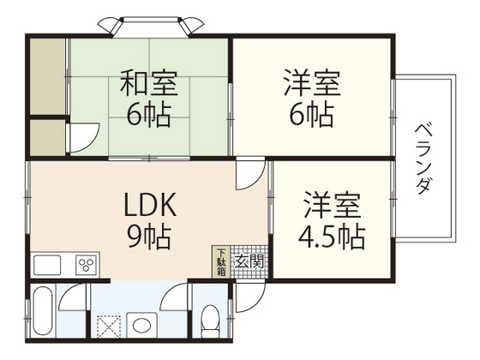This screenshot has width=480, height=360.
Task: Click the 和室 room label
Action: click(x=148, y=85)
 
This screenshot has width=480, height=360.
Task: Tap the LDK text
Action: click(x=151, y=205)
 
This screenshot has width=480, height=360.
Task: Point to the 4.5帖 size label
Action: click(x=333, y=235)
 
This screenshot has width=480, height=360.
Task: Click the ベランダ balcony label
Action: click(x=423, y=159)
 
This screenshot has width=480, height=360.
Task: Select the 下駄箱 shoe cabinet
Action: click(x=221, y=262)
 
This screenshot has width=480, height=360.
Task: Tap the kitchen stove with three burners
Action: click(x=87, y=265)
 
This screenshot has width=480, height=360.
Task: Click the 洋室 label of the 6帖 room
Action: click(x=312, y=85)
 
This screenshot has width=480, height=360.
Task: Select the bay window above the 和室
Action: click(x=147, y=24)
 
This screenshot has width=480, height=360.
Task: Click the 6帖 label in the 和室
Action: click(x=147, y=114)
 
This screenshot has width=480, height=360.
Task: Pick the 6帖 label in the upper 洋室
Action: click(x=312, y=114)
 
